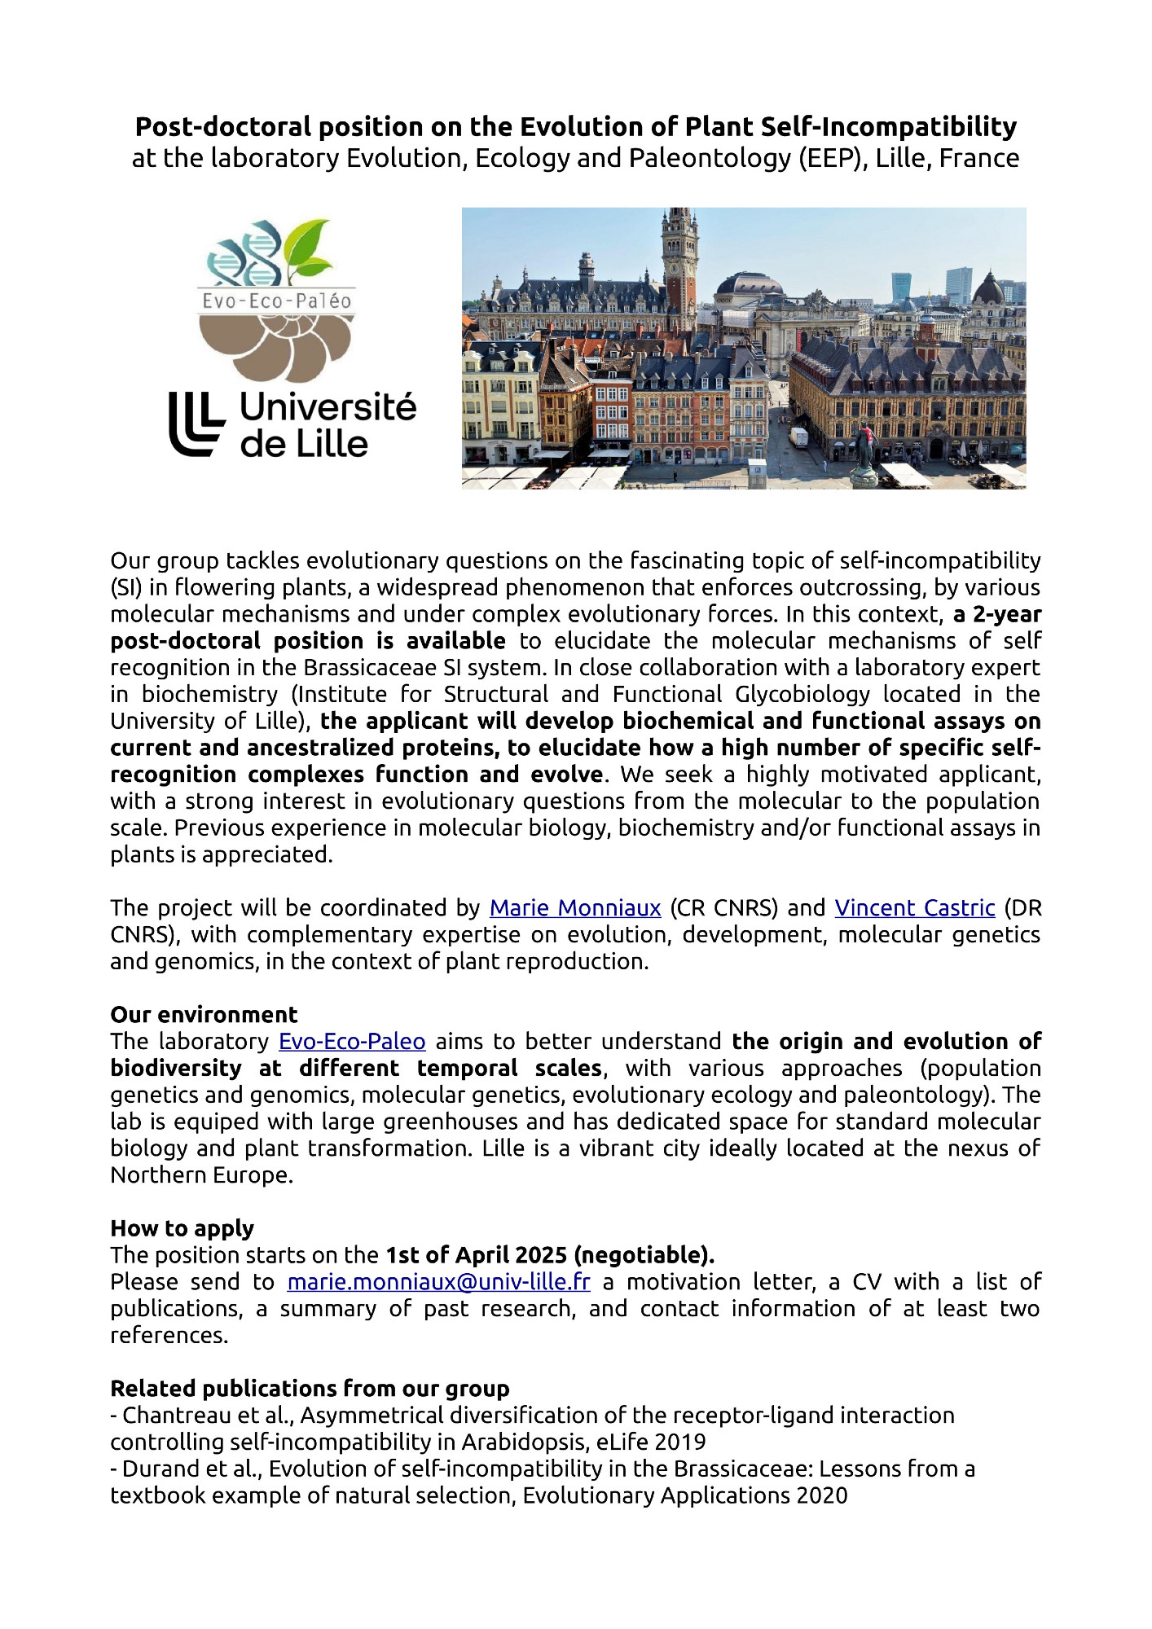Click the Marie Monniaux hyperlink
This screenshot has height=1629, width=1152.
pos(574,907)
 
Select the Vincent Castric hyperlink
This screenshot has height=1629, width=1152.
pos(914,907)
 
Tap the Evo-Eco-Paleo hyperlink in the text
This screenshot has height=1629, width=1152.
pos(352,1041)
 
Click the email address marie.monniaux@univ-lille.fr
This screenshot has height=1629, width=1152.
pos(438,1281)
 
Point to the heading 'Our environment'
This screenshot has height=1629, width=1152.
pos(204,1014)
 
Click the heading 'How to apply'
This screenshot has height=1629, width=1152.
pos(182,1227)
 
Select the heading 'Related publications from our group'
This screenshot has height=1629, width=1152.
pos(310,1388)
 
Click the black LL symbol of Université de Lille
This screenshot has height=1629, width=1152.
pos(196,424)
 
